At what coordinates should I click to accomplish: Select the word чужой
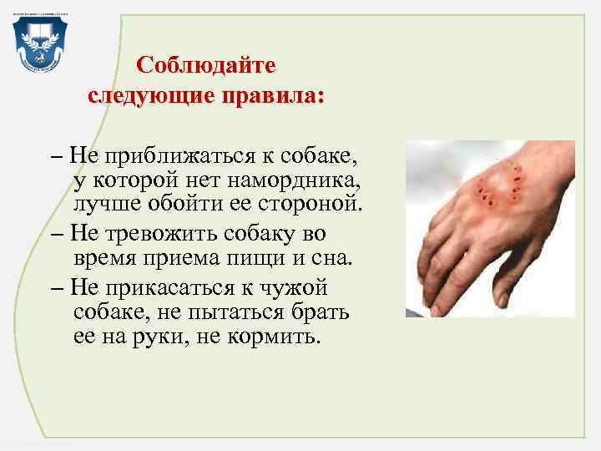(x=307, y=288)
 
